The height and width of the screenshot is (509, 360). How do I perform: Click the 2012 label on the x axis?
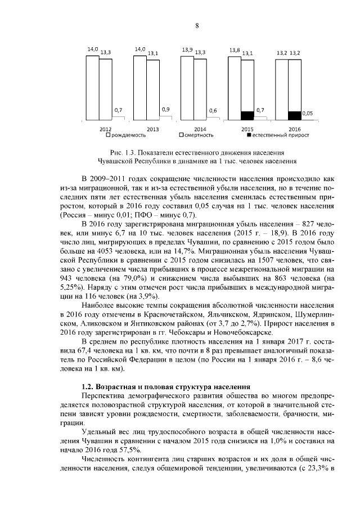[105, 129]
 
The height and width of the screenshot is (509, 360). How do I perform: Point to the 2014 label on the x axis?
[200, 129]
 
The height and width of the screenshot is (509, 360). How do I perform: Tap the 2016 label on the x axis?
[295, 129]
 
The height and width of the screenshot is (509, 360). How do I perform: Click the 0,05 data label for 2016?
[308, 113]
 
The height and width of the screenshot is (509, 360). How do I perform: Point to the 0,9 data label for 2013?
[165, 109]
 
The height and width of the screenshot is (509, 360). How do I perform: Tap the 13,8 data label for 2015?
[235, 51]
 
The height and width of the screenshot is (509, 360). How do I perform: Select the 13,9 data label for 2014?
[188, 51]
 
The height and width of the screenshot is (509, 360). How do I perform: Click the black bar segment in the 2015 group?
[247, 115]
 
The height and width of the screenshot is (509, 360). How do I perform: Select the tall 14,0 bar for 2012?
[93, 87]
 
